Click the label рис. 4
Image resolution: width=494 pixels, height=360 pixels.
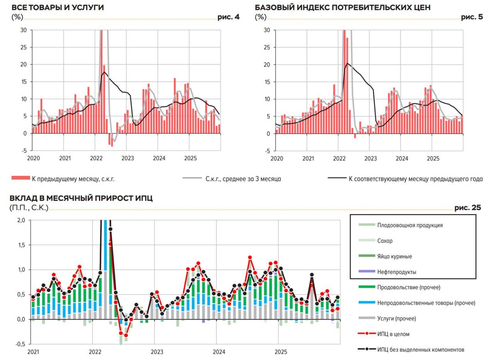coord(228,17)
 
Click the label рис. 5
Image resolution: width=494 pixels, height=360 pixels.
coord(472,17)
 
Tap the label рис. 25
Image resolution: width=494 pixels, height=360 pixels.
coord(468,208)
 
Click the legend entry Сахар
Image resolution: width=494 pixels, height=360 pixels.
coord(385,241)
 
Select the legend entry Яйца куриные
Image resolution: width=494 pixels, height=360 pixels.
coord(394,256)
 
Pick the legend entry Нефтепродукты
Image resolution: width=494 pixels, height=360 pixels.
coord(397,272)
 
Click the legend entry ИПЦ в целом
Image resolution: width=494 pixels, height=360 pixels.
coord(393,334)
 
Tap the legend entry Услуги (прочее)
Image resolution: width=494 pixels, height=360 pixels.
coord(397,319)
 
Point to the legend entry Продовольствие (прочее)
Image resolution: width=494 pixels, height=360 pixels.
coord(409,287)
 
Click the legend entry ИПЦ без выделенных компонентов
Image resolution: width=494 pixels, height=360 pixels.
coord(421,350)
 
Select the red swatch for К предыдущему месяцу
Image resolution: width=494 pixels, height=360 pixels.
coord(20,178)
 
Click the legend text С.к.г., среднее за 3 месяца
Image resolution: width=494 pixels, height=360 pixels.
coord(243,179)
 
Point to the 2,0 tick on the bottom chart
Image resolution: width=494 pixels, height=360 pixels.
coord(21,220)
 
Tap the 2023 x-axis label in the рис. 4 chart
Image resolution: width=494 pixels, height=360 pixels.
coord(127,158)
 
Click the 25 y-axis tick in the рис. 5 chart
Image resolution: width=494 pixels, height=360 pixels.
coord(267,47)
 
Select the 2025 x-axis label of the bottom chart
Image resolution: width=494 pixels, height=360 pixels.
coord(281,352)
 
